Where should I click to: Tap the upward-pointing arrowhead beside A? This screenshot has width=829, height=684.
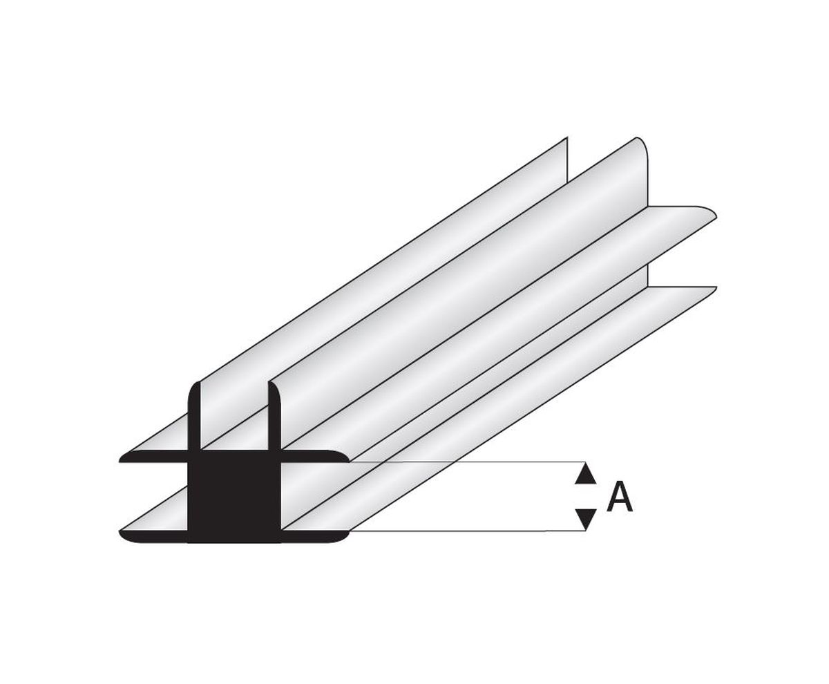(585, 475)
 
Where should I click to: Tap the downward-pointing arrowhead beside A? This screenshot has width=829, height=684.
(586, 518)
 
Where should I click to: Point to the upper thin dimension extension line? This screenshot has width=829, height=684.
(467, 462)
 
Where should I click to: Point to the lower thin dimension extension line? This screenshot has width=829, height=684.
(467, 531)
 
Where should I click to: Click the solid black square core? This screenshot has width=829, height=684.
(234, 496)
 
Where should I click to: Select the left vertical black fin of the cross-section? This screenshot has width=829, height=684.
(195, 417)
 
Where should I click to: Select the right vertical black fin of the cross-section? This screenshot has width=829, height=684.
(275, 417)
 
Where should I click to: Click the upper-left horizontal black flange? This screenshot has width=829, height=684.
(154, 457)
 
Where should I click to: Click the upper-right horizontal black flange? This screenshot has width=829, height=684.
(314, 457)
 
